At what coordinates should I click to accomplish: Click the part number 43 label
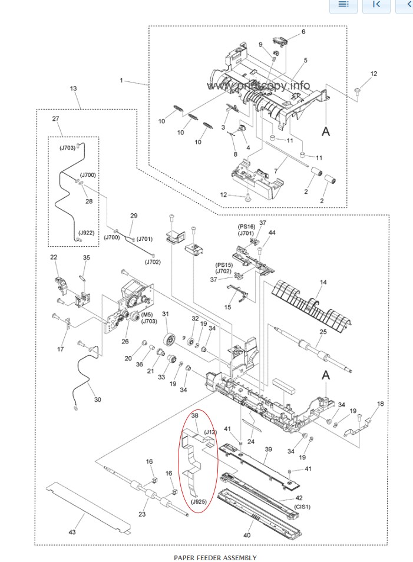[x=72, y=532]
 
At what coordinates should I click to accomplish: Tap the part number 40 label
[x=247, y=535]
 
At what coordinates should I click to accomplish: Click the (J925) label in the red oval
[x=199, y=501]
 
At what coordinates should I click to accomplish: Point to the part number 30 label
[x=97, y=399]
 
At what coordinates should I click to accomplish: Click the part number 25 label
[x=322, y=333]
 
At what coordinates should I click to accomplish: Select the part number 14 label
[x=322, y=282]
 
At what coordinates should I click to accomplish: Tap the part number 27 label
[x=56, y=119]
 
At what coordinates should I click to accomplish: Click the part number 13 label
[x=73, y=88]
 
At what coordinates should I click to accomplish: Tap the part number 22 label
[x=54, y=257]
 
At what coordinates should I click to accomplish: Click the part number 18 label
[x=380, y=404]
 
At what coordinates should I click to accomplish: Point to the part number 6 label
[x=303, y=31]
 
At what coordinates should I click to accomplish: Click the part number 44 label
[x=272, y=233]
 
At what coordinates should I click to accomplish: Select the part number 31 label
[x=166, y=314]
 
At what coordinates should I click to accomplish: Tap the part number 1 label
[x=121, y=80]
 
